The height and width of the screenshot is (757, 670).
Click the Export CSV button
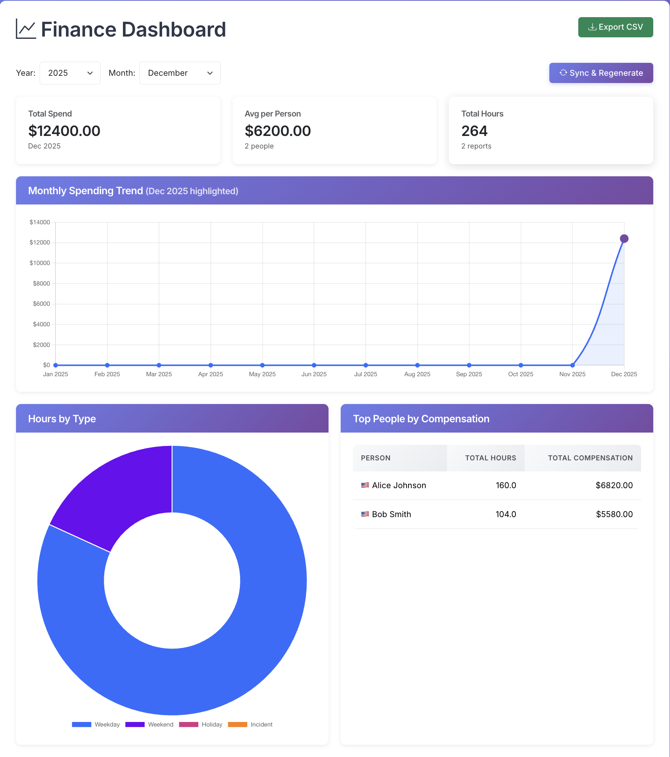tap(615, 27)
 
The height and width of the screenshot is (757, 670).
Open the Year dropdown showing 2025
tap(70, 73)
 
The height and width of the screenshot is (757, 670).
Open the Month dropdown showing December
tap(180, 73)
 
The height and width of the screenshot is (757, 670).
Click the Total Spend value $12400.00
tap(64, 131)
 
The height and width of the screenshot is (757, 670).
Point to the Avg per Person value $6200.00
tap(278, 131)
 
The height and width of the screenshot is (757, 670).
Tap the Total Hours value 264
tap(474, 131)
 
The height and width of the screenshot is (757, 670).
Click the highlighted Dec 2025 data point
tap(624, 239)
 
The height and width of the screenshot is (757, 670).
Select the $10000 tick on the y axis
tap(40, 263)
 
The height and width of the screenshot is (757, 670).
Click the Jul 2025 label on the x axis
tap(365, 374)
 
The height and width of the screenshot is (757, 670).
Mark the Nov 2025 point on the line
tap(572, 365)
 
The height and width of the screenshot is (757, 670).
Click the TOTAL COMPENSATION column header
tap(590, 458)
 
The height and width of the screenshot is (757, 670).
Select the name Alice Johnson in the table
tap(399, 486)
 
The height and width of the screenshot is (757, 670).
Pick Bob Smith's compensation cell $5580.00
tap(614, 514)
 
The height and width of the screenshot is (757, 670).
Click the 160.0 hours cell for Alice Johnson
tap(506, 486)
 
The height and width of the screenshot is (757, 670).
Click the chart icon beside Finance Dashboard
tap(26, 29)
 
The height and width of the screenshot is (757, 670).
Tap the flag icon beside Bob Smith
tap(365, 514)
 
